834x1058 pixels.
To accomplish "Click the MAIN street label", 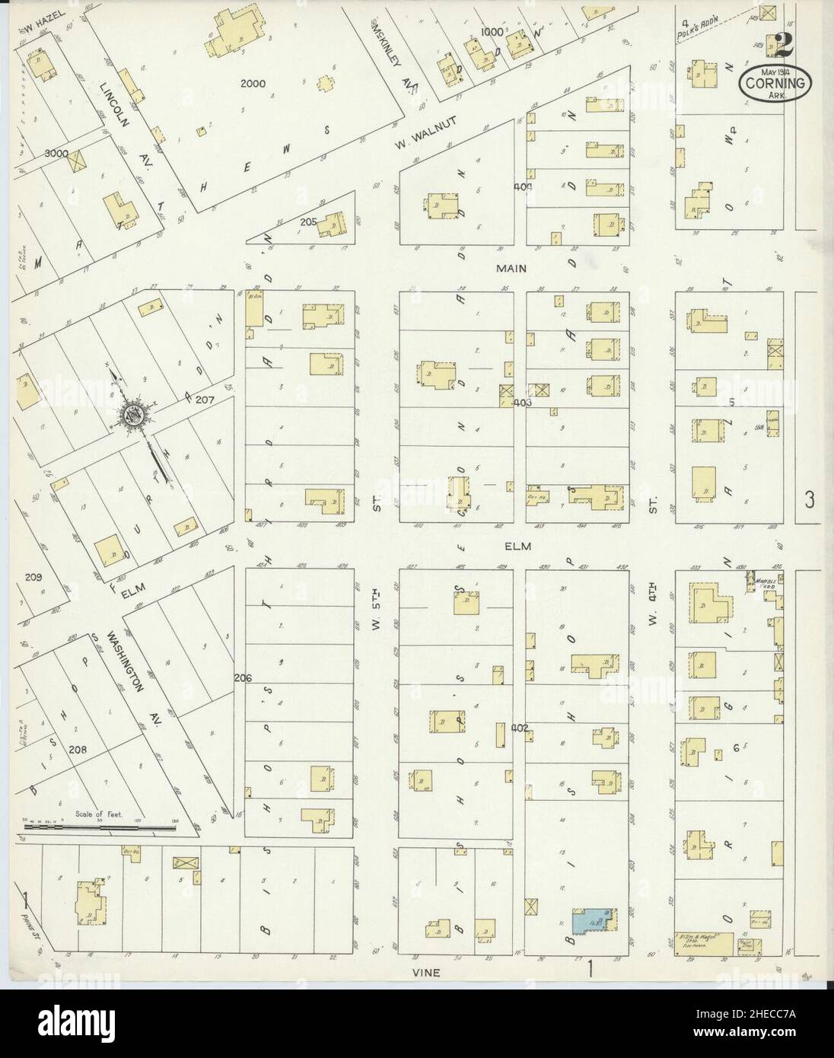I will pos(511,268).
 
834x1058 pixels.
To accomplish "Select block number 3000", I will pos(56,152).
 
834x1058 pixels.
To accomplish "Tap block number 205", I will pos(307,221).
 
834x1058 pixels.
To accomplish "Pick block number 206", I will pos(243,677).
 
